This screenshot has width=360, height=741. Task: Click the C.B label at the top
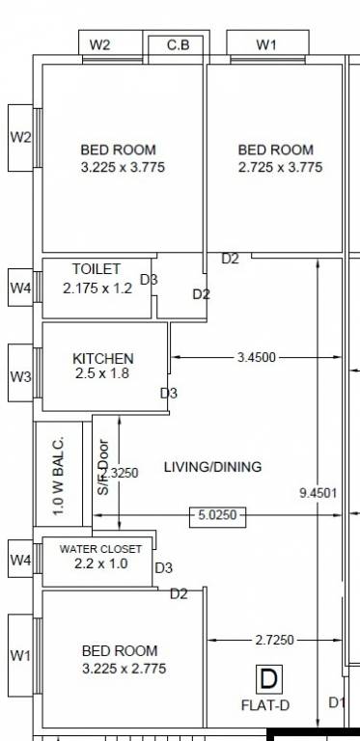click(178, 44)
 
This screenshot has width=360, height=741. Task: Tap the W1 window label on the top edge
click(267, 44)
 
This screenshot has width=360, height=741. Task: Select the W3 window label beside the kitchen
click(20, 376)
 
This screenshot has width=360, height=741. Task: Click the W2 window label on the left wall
click(20, 137)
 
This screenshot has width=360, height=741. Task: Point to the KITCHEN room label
click(103, 358)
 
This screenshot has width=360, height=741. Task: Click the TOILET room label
click(97, 268)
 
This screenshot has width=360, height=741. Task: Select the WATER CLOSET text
click(100, 549)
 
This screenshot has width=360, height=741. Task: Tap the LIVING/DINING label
click(212, 467)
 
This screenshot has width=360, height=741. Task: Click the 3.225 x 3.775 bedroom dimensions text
click(118, 167)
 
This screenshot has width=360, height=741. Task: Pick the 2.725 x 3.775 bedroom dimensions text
click(276, 167)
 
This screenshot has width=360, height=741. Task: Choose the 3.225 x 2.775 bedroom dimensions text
click(120, 669)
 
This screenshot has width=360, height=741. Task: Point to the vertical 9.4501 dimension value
click(318, 493)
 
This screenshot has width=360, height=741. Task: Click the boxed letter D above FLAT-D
click(268, 679)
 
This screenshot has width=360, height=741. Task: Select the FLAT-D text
click(265, 705)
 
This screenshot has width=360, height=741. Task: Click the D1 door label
click(336, 702)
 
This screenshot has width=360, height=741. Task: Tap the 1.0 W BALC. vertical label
click(58, 474)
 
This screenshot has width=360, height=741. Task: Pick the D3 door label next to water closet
click(164, 568)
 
